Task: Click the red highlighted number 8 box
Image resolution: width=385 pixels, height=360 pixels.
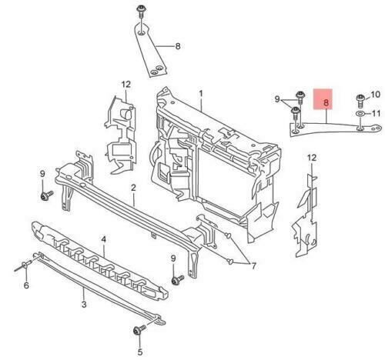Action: point(323,99)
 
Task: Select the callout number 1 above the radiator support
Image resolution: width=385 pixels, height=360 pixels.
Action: point(201,93)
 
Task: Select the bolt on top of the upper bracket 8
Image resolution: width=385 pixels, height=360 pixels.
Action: point(140,11)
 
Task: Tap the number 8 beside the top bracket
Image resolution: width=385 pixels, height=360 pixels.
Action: point(178,46)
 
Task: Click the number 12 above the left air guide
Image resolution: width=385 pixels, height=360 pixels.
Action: point(126,85)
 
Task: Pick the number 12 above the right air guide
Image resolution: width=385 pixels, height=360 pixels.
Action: point(312,158)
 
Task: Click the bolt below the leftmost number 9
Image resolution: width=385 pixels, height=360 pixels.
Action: point(46,195)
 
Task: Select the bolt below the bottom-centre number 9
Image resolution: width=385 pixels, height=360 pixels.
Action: point(177,280)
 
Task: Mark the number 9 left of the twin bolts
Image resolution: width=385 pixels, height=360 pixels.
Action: point(277,99)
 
